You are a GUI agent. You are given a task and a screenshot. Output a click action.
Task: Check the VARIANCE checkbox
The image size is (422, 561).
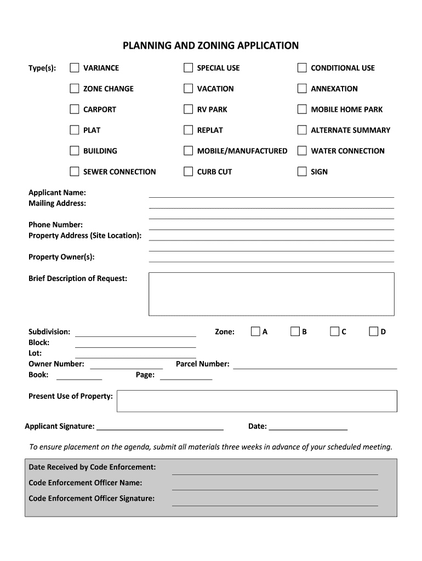point(75,68)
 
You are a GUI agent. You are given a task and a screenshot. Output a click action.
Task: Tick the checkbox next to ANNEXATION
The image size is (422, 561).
point(302,89)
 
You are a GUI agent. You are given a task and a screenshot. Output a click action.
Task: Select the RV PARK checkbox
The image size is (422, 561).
point(188,110)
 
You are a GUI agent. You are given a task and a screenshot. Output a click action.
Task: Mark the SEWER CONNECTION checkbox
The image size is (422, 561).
point(75,171)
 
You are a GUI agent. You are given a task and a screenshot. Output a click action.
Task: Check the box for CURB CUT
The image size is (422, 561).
point(188,171)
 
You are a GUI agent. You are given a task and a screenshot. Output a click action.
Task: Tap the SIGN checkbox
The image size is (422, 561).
point(302,171)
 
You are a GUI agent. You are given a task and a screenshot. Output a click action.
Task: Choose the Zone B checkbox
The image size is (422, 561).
point(295,331)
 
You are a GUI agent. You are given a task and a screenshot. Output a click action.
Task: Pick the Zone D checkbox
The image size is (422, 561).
point(374,331)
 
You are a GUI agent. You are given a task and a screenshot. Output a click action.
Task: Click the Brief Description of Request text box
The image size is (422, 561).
point(271,294)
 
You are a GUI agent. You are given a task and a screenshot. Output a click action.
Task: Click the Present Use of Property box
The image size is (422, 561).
point(256,400)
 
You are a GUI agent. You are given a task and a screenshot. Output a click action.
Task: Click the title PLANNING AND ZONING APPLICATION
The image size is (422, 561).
point(211,45)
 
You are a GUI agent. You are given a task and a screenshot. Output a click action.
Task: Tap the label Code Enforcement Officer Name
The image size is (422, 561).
point(85,483)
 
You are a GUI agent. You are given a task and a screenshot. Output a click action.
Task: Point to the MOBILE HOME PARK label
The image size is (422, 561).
point(346,110)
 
